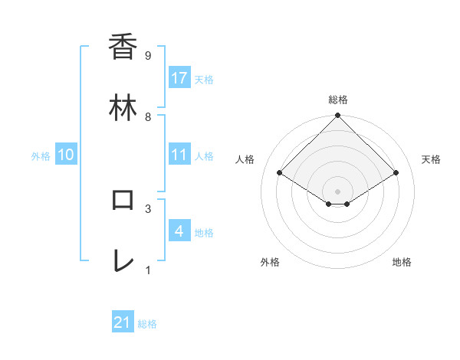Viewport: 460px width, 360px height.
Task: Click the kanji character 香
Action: tap(123, 47)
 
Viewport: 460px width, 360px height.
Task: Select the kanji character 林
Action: tap(123, 109)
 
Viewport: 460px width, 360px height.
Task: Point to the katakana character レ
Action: tap(123, 261)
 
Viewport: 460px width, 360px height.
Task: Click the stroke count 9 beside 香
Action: tap(147, 55)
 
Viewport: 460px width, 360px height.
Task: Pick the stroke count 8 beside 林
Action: tap(147, 116)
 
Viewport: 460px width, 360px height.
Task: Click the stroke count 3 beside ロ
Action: tap(147, 208)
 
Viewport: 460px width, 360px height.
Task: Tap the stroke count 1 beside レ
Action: tap(147, 270)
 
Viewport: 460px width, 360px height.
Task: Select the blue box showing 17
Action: tap(179, 78)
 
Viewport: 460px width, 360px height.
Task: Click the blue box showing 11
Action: tap(179, 155)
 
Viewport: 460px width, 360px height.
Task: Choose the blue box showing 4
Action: tap(179, 231)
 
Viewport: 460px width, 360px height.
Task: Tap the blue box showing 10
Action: tap(66, 155)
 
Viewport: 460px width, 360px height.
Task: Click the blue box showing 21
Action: tap(123, 322)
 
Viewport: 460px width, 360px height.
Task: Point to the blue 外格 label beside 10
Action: tap(41, 156)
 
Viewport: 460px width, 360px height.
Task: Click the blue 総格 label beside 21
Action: tap(147, 324)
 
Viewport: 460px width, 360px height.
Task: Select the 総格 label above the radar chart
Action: tap(338, 100)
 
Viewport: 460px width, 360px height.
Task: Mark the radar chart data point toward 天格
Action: tap(396, 173)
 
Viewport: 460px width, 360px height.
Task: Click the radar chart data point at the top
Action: tap(338, 116)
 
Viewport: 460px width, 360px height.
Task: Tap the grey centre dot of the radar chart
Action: tap(338, 191)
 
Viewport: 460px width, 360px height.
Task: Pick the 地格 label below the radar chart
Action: tap(402, 262)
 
